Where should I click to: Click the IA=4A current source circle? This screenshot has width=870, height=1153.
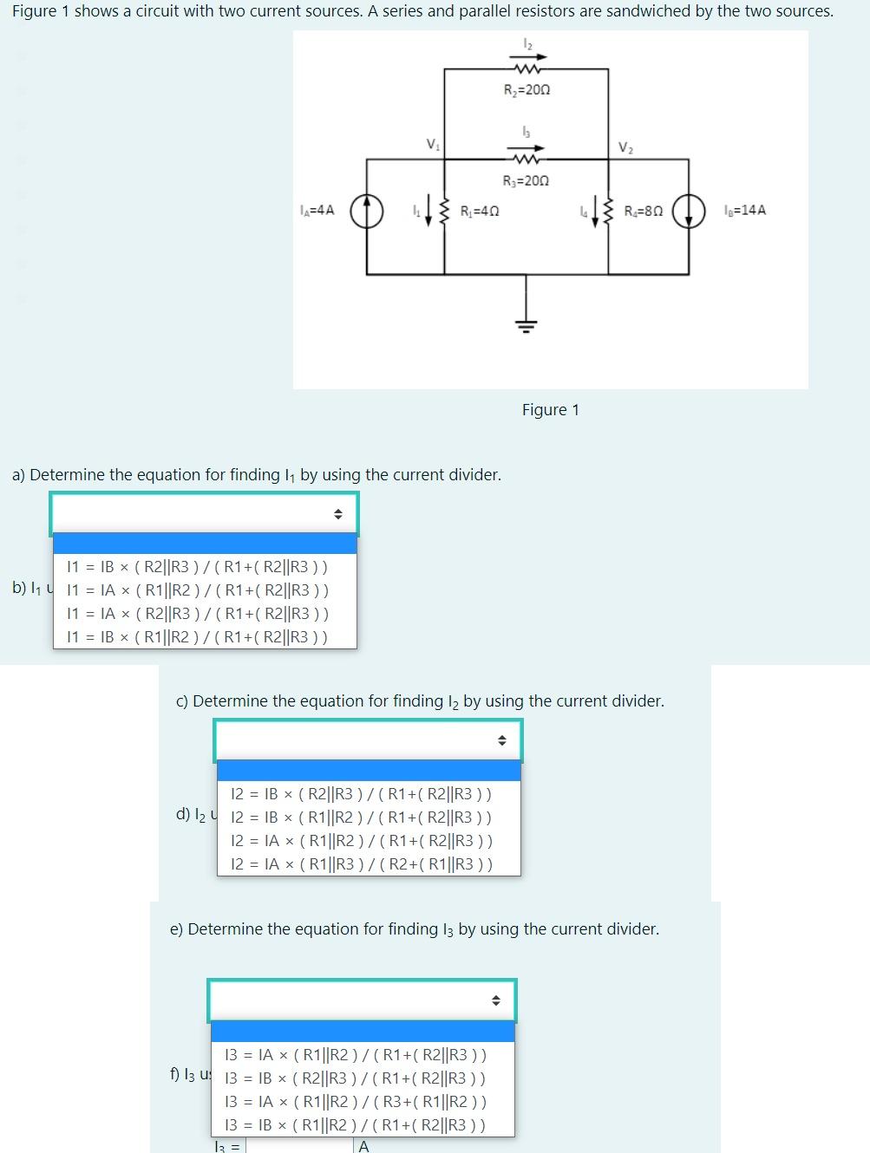coord(367,211)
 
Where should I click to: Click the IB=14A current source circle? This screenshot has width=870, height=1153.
coord(690,211)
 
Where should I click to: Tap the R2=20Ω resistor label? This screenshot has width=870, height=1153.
coord(527,90)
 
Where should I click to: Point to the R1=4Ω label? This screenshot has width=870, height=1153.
coord(479,211)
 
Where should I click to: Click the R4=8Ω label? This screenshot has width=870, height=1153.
coord(644,211)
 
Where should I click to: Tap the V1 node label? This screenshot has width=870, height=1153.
coord(432,144)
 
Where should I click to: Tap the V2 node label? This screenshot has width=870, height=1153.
coord(625,147)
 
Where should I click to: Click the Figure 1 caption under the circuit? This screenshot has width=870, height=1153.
coord(550,410)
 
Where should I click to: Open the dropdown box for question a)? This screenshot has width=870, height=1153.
coord(204,514)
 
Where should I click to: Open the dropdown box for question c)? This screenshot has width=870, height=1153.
coord(368,740)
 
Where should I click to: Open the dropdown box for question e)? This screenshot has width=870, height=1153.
coord(362,1000)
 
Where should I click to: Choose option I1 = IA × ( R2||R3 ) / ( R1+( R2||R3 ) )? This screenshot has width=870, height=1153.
coord(198,614)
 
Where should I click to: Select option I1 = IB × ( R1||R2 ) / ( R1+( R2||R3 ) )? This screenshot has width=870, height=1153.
coord(197,637)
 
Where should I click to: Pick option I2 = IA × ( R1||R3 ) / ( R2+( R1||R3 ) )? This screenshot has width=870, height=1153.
coord(362,863)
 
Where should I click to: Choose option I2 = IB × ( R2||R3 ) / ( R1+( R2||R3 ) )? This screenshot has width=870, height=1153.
coord(361,793)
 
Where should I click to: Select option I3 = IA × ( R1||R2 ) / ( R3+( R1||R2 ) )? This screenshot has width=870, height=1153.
coord(356,1102)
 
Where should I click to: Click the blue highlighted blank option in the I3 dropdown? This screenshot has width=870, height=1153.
coord(363,1032)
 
